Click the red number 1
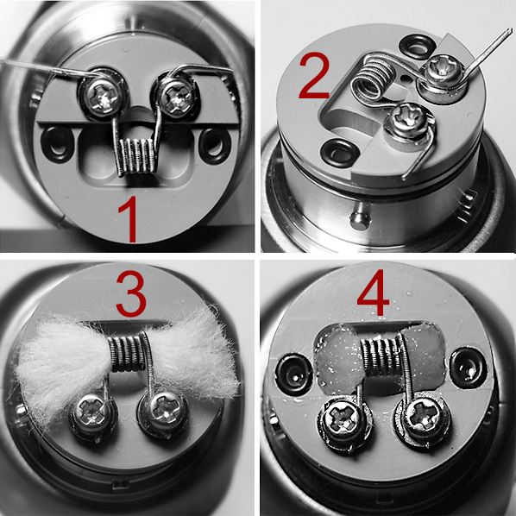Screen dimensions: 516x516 pyautogui.click(x=129, y=219)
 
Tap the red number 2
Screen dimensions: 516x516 pyautogui.click(x=313, y=75)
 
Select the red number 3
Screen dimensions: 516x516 pyautogui.click(x=131, y=294)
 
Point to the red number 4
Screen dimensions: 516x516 pyautogui.click(x=373, y=293)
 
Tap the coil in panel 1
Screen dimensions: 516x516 pyautogui.click(x=135, y=155)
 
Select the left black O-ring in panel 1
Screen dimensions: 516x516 pyautogui.click(x=57, y=145)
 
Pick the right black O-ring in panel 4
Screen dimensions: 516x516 pyautogui.click(x=468, y=367)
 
